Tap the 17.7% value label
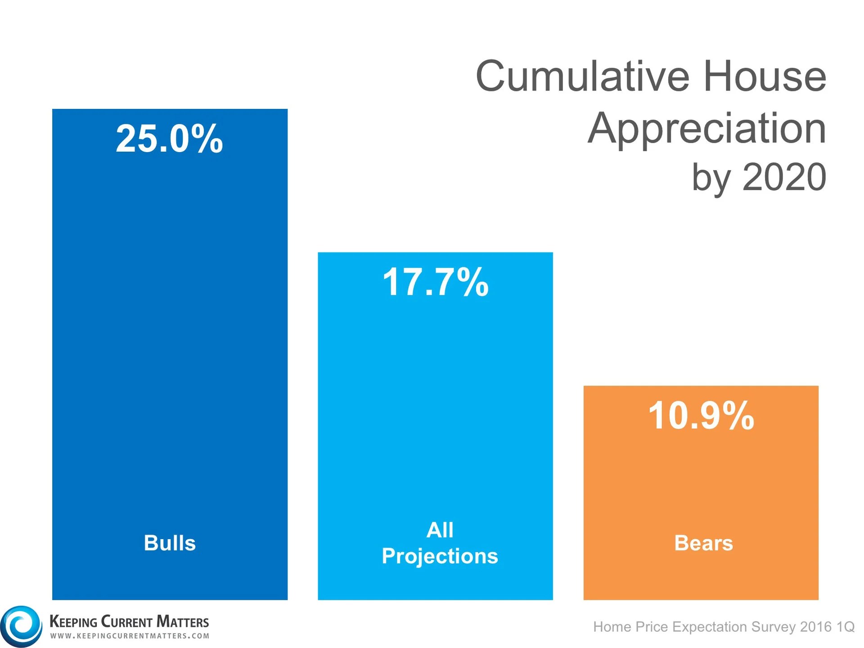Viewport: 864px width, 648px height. click(x=435, y=282)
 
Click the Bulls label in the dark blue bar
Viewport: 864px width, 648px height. click(x=170, y=543)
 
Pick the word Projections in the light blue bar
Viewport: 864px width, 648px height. click(x=440, y=556)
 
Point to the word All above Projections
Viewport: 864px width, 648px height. click(x=440, y=530)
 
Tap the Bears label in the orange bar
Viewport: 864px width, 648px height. click(x=703, y=543)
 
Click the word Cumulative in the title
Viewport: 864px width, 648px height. click(x=582, y=76)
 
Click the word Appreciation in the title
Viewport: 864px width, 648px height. click(x=706, y=130)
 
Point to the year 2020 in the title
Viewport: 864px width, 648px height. click(x=784, y=177)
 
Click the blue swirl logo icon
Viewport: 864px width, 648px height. click(x=21, y=626)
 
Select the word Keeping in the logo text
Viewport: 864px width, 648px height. click(x=73, y=622)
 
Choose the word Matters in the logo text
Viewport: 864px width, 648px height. click(x=182, y=622)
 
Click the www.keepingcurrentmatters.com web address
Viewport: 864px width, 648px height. click(x=130, y=636)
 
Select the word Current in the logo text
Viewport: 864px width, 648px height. click(x=127, y=622)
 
